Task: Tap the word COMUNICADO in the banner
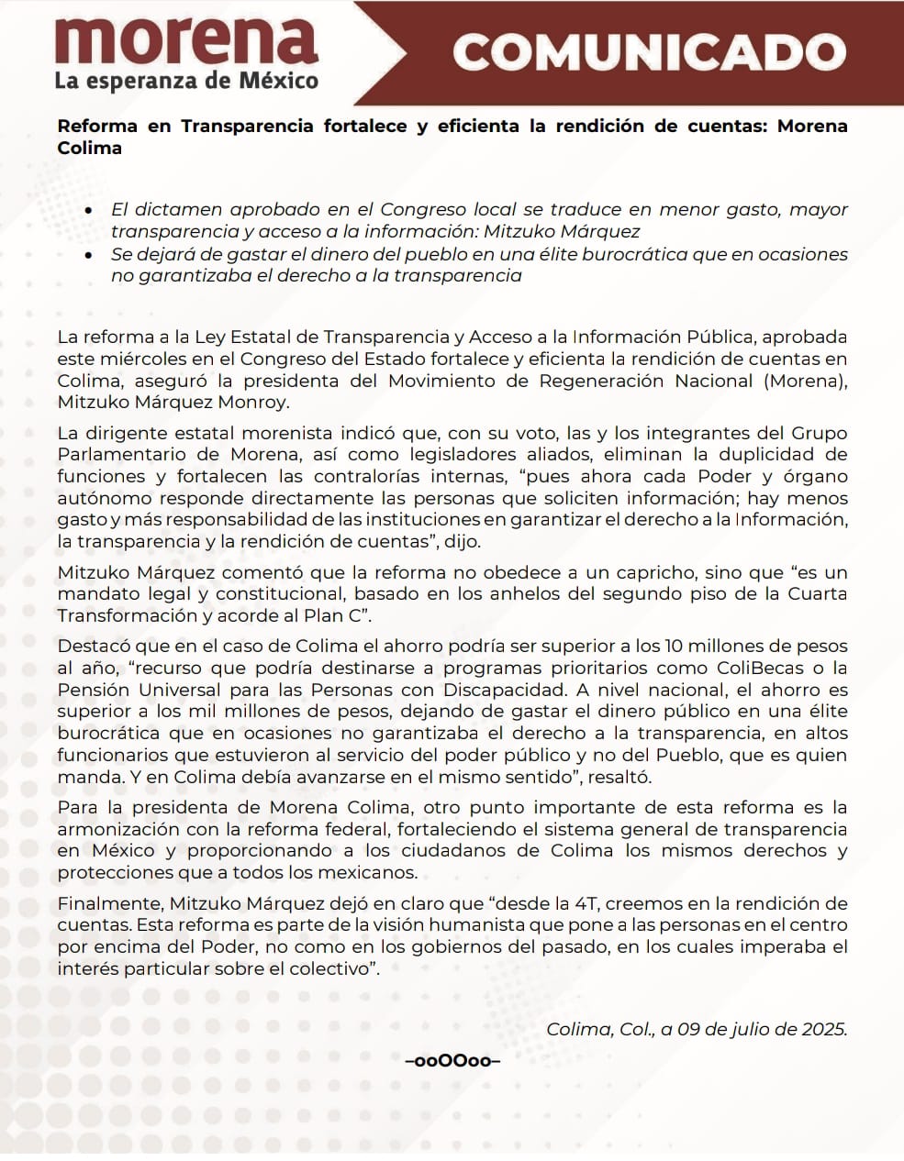(x=648, y=53)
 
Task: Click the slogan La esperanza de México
(x=186, y=81)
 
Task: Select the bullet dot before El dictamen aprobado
(x=88, y=211)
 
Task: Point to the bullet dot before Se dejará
(x=88, y=255)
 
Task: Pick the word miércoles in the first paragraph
(x=132, y=359)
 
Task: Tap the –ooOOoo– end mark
(x=452, y=1062)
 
